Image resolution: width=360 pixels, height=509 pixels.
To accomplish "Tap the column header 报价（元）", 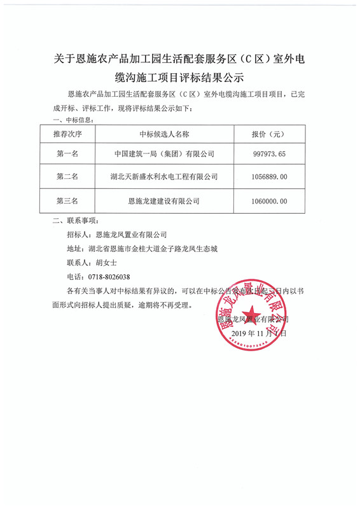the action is point(270,135).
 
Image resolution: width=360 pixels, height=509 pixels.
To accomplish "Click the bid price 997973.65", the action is point(270,154).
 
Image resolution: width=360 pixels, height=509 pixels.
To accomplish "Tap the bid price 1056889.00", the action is point(270,177).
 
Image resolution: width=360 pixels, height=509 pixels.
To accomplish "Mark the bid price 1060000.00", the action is point(270,200).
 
